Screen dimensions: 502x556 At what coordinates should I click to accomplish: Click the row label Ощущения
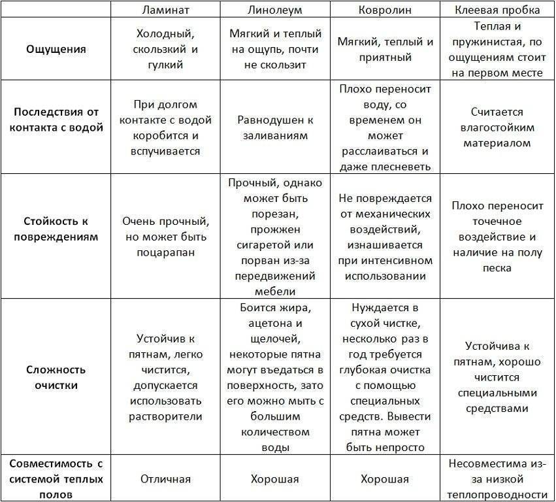point(56,49)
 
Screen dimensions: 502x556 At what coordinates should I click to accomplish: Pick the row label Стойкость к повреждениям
point(56,229)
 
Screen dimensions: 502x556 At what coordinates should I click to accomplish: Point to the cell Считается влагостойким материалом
point(498,127)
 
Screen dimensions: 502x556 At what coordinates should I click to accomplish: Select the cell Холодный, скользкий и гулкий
point(165,49)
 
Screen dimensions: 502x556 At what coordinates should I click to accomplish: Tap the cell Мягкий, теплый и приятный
point(385,50)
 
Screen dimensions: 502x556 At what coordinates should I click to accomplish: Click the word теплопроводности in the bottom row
point(498,494)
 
